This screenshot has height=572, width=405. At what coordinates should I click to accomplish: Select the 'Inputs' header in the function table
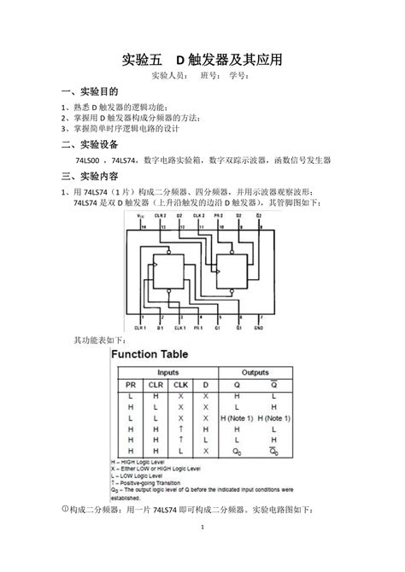(167, 373)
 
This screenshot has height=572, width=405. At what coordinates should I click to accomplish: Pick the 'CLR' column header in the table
(154, 386)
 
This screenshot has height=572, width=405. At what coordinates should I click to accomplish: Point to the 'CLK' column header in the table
(181, 386)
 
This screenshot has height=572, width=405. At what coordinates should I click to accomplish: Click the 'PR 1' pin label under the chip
(197, 327)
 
